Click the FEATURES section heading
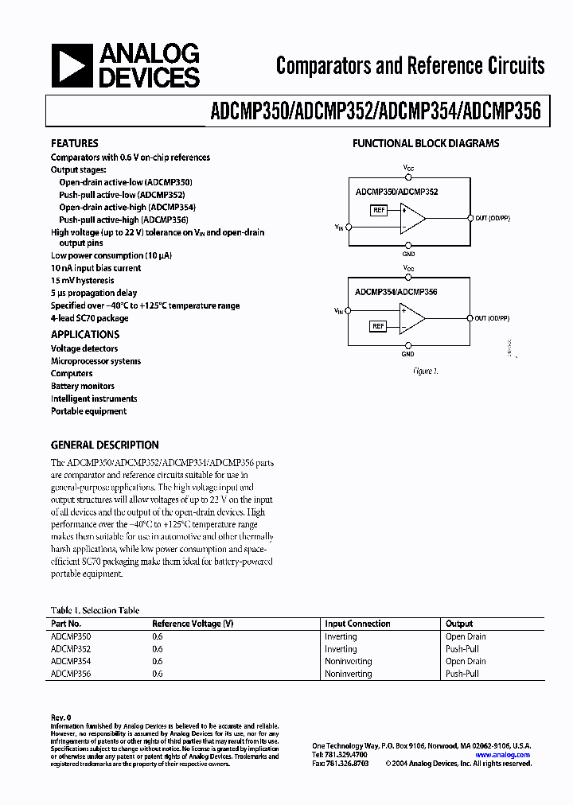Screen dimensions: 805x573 click(75, 143)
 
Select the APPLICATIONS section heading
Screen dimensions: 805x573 click(85, 335)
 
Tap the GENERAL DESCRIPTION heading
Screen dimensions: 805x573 click(105, 445)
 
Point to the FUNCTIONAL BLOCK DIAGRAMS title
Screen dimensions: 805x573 click(426, 144)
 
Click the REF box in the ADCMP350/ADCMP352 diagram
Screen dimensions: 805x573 click(379, 210)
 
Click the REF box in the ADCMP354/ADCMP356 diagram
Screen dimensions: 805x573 click(379, 326)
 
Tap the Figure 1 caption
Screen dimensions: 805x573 click(426, 371)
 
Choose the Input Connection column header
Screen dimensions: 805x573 click(357, 624)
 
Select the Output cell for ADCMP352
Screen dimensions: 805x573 click(462, 649)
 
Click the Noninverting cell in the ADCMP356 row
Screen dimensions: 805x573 click(348, 674)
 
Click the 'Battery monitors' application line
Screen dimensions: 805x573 click(83, 386)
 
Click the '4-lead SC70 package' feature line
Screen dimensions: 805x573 click(90, 318)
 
